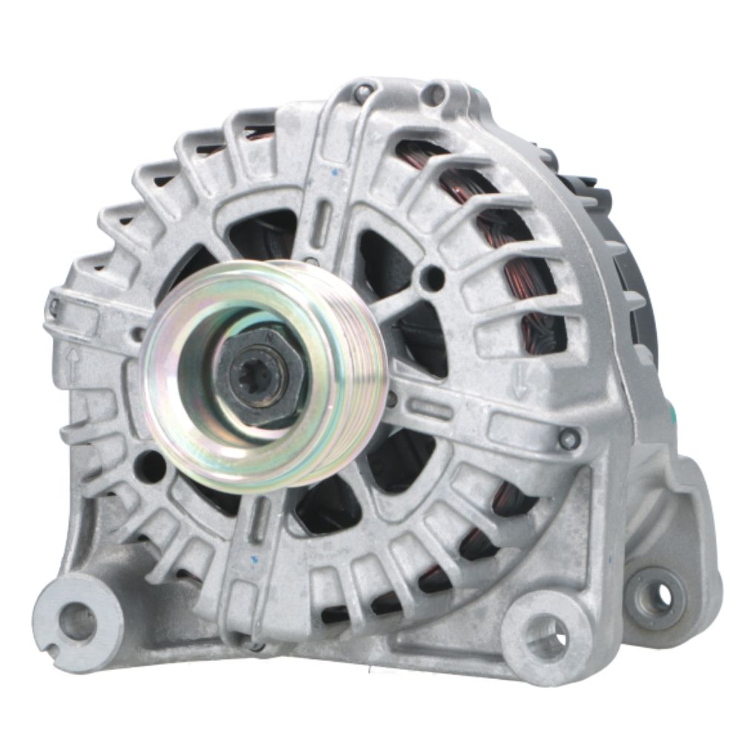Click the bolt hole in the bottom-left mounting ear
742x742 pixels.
[77, 620]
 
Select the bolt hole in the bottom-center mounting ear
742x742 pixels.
[547, 637]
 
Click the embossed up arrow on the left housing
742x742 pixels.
[73, 365]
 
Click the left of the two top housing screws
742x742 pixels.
[364, 93]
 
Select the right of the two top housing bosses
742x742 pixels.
[434, 94]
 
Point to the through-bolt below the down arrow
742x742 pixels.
[569, 439]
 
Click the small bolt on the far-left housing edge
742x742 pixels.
[53, 305]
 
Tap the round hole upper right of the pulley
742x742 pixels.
[432, 278]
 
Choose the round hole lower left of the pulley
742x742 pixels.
[151, 466]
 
